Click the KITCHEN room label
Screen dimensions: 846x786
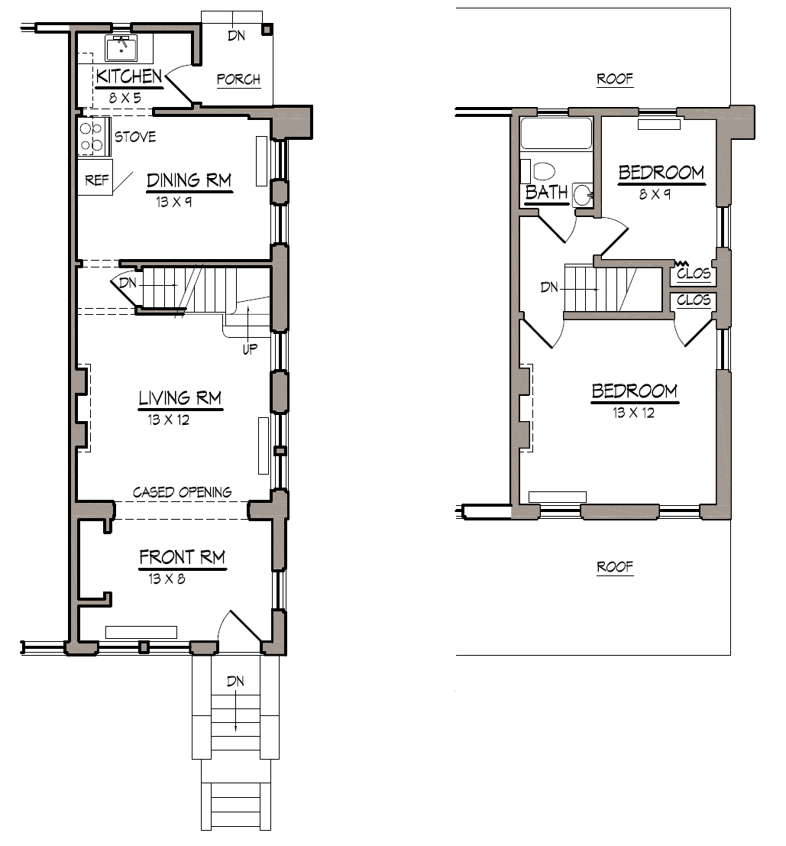(x=129, y=76)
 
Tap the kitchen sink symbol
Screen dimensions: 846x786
(x=120, y=48)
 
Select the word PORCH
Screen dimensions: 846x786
(x=238, y=79)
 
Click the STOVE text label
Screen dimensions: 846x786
(x=135, y=138)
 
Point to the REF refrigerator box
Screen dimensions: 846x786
(x=95, y=180)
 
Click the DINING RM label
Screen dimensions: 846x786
(x=189, y=180)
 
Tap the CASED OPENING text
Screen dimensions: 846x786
(x=182, y=492)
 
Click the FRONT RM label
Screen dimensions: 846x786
(x=182, y=558)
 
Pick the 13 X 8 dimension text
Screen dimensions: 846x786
(x=167, y=579)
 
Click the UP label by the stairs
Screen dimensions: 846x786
(x=249, y=348)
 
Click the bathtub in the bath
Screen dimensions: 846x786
(x=556, y=134)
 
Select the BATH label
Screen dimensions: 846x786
(x=547, y=193)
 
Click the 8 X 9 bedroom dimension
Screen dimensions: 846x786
(x=655, y=194)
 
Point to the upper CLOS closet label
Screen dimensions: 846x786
(x=694, y=274)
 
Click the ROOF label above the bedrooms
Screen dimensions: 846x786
(x=615, y=79)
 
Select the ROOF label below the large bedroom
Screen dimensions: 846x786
(x=615, y=567)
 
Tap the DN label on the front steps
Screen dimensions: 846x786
(x=235, y=681)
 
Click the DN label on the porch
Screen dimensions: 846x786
(x=236, y=35)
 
